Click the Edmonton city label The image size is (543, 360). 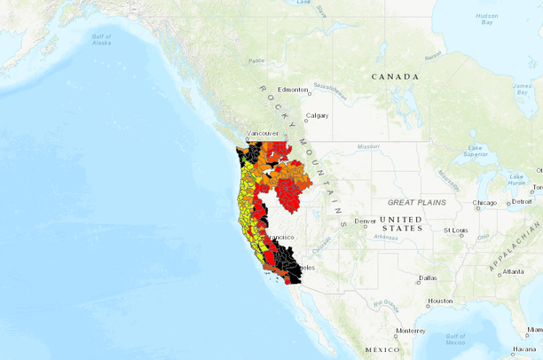tap(292, 90)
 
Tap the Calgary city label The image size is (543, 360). tap(317, 115)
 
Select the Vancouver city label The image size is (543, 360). tap(262, 133)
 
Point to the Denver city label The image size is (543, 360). tap(365, 221)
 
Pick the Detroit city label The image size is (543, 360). tap(522, 202)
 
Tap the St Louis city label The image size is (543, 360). tap(454, 231)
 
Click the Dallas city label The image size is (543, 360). tap(428, 278)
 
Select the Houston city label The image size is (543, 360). tap(439, 301)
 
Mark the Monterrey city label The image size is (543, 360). tap(411, 331)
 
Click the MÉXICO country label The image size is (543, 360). tap(382, 350)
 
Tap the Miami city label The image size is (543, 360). tap(534, 330)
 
